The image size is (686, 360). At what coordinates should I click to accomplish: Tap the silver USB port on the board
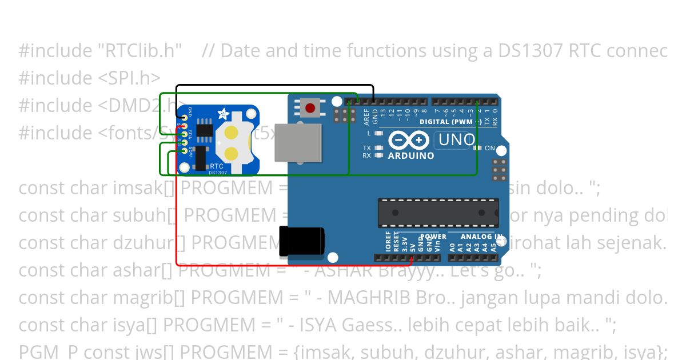pos(298,142)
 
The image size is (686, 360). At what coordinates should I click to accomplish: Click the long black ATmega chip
pos(438,213)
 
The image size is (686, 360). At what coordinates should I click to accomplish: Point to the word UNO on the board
pos(456,139)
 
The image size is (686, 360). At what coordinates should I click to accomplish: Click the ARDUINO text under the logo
pos(410,155)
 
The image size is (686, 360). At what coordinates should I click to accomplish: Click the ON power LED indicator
pos(476,148)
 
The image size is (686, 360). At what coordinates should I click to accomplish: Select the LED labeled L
pos(378,133)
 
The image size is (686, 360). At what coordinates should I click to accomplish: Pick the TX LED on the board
pos(378,148)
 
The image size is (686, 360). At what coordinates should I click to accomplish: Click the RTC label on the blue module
pos(217,166)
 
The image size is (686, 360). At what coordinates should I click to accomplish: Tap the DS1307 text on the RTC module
pos(217,173)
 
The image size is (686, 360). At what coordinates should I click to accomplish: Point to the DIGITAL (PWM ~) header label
pos(450,122)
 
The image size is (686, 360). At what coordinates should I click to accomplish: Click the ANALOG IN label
pos(482,237)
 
